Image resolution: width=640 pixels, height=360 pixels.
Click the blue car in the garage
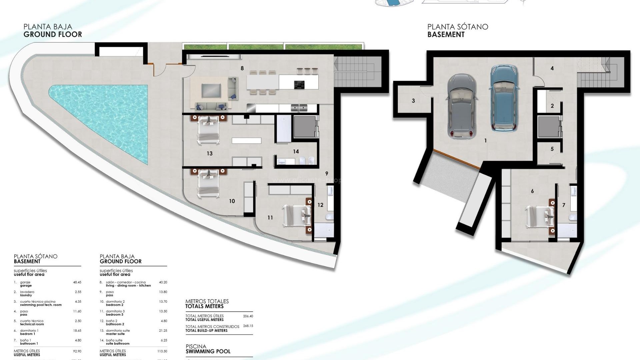pos(503,98)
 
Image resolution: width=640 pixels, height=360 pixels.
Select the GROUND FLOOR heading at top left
pos(52,34)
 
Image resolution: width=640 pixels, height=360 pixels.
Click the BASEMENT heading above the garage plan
pos(446,34)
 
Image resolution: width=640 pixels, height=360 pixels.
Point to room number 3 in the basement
pos(413,101)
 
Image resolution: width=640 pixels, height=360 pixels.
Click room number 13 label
pos(209,153)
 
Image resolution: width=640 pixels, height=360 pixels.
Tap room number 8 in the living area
pos(242,68)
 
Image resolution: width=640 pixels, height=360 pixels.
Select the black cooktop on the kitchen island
pos(299,85)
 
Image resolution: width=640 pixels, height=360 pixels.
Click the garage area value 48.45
pos(77,282)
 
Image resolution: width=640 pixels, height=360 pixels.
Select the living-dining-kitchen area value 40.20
pos(163,282)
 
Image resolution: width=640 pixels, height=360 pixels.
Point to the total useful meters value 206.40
pos(248,316)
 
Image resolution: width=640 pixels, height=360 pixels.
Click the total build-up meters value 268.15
pos(248,326)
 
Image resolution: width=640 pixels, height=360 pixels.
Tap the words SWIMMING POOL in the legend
pos(208,351)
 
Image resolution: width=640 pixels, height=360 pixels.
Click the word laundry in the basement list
pos(26,295)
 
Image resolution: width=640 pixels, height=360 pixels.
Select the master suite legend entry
pos(115,334)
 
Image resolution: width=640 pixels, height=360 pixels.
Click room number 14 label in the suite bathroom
pos(296,152)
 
